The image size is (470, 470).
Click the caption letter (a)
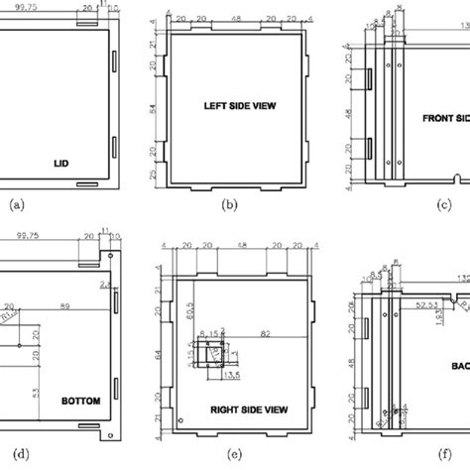(17, 206)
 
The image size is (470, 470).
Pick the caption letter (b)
(230, 207)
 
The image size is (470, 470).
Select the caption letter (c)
(442, 206)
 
